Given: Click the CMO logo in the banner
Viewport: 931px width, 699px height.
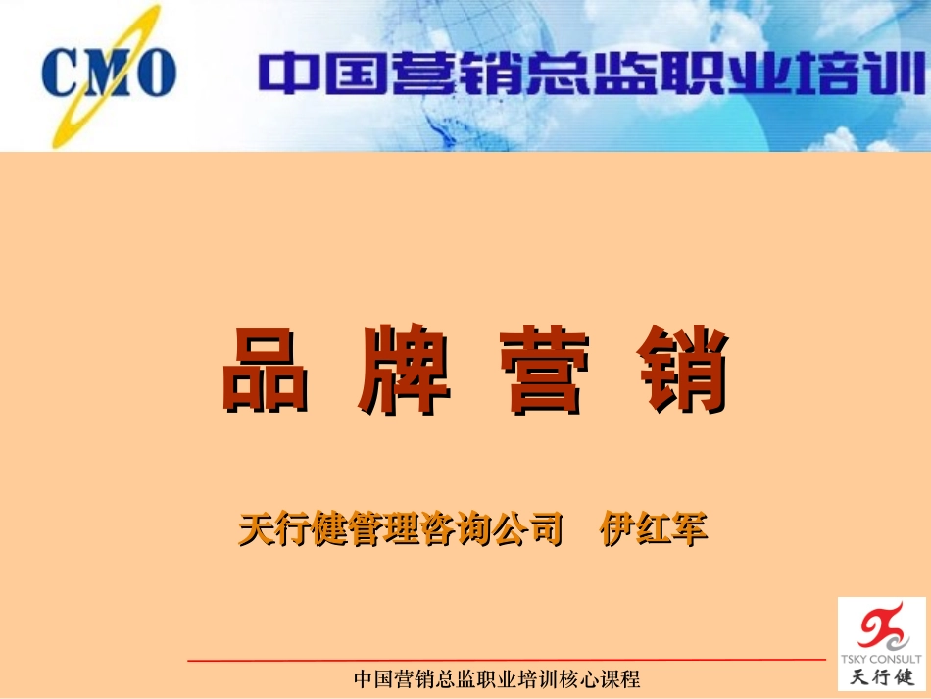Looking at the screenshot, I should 108,75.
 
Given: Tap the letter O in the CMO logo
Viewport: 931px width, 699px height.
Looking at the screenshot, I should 156,74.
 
